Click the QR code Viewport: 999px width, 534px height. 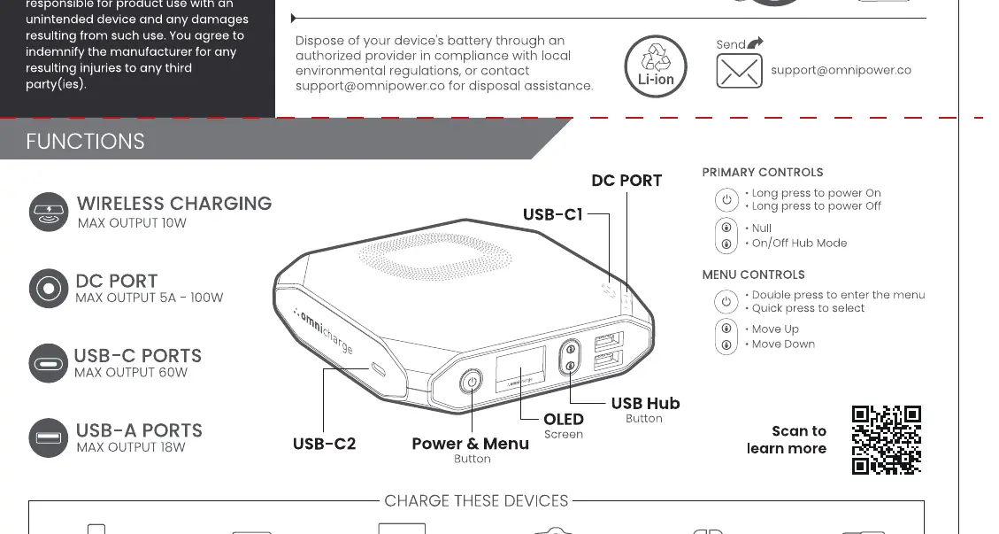click(887, 440)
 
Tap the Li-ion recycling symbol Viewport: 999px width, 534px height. click(656, 66)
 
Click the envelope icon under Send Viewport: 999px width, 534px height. click(739, 71)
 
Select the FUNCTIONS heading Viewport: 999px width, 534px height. click(85, 141)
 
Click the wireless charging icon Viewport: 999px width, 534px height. click(49, 212)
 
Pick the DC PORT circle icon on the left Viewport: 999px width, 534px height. click(49, 289)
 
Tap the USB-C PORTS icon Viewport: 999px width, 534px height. click(49, 364)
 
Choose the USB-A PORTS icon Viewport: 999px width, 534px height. click(49, 438)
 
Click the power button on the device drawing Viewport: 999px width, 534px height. click(471, 382)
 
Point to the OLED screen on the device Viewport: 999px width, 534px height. click(520, 369)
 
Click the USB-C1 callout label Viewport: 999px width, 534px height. click(553, 214)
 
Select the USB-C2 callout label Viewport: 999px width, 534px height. click(324, 444)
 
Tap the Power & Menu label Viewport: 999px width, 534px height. click(470, 444)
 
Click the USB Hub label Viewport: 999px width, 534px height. click(645, 403)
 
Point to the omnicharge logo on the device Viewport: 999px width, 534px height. click(323, 331)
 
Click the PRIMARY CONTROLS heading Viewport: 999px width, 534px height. click(763, 173)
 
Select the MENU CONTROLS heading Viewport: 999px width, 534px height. click(754, 275)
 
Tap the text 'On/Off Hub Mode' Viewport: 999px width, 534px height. click(800, 243)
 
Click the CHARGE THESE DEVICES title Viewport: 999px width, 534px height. click(477, 501)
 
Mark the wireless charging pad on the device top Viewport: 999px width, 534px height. click(435, 257)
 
